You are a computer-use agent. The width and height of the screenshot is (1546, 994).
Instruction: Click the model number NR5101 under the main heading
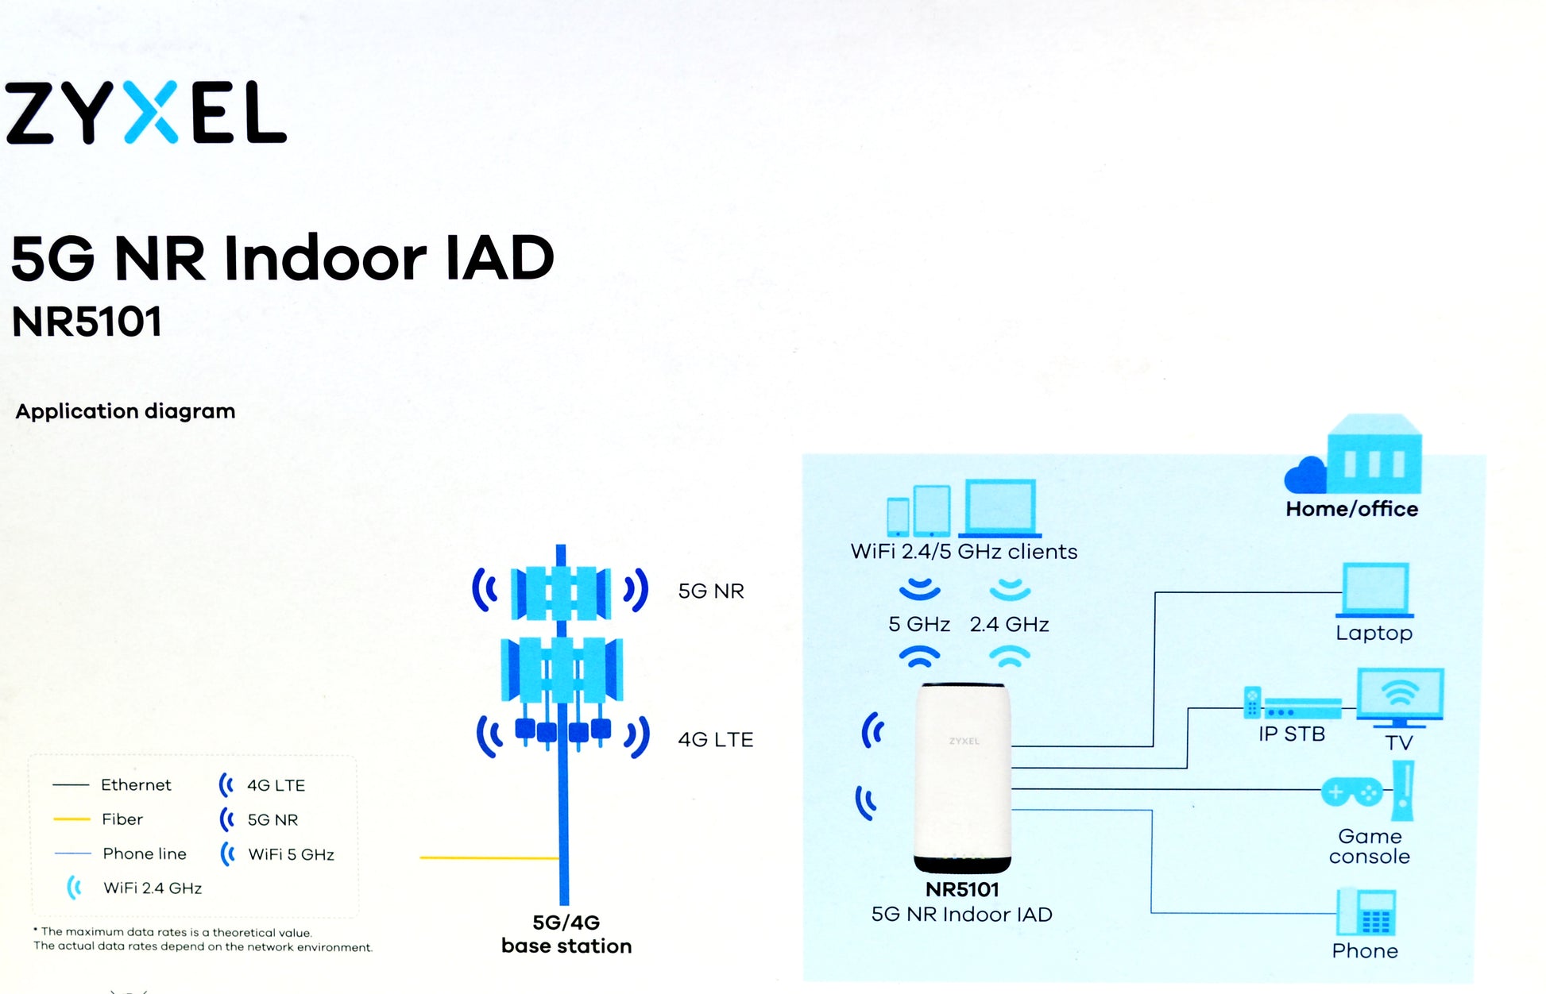point(87,322)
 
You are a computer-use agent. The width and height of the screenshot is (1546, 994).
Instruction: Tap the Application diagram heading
point(126,411)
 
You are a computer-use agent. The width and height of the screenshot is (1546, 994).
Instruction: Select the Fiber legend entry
point(122,819)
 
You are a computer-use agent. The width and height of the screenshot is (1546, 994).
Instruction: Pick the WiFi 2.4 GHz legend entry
point(152,888)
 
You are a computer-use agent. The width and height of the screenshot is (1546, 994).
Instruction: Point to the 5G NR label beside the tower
point(711,591)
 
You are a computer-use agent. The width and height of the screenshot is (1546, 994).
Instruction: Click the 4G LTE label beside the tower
point(715,739)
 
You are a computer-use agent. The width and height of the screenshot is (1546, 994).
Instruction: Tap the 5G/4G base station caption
point(566,934)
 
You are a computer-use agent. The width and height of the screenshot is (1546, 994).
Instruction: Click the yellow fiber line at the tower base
point(489,857)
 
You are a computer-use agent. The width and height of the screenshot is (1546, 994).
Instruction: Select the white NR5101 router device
point(963,778)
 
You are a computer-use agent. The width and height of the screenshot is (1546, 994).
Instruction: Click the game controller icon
point(1351,792)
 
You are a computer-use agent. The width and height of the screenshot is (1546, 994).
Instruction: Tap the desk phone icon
point(1366,914)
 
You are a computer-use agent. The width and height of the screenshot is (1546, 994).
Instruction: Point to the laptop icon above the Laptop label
point(1375,590)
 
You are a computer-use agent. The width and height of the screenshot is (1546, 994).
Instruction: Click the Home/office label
point(1351,509)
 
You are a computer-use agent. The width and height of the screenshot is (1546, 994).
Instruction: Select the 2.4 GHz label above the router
point(1009,625)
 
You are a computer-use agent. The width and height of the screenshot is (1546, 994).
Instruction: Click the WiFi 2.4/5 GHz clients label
point(964,552)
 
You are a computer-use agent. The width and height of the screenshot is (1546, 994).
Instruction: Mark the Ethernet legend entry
point(135,784)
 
